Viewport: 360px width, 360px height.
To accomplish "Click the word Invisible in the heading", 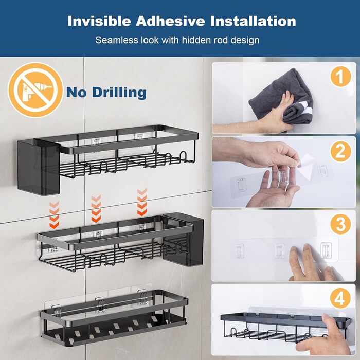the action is [x=99, y=21].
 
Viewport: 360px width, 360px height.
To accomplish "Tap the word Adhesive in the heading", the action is [x=170, y=21].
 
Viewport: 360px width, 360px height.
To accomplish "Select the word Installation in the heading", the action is [x=253, y=21].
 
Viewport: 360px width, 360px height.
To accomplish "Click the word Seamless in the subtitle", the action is [x=115, y=40].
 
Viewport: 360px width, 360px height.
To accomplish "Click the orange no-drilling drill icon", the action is [x=35, y=90].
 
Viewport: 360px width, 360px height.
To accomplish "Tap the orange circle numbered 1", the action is [x=340, y=77].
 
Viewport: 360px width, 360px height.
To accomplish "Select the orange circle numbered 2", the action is [x=340, y=151].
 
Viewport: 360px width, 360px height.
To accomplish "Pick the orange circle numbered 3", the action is [x=340, y=224].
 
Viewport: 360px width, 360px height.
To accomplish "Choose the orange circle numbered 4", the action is [x=340, y=299].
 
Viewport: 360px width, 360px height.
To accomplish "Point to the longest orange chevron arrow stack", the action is [x=142, y=202].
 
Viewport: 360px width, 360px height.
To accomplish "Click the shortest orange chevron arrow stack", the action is [x=54, y=214].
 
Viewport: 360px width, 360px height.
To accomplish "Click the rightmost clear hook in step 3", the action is [x=326, y=250].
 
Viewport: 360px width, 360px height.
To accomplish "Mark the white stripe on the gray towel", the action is [x=305, y=109].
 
